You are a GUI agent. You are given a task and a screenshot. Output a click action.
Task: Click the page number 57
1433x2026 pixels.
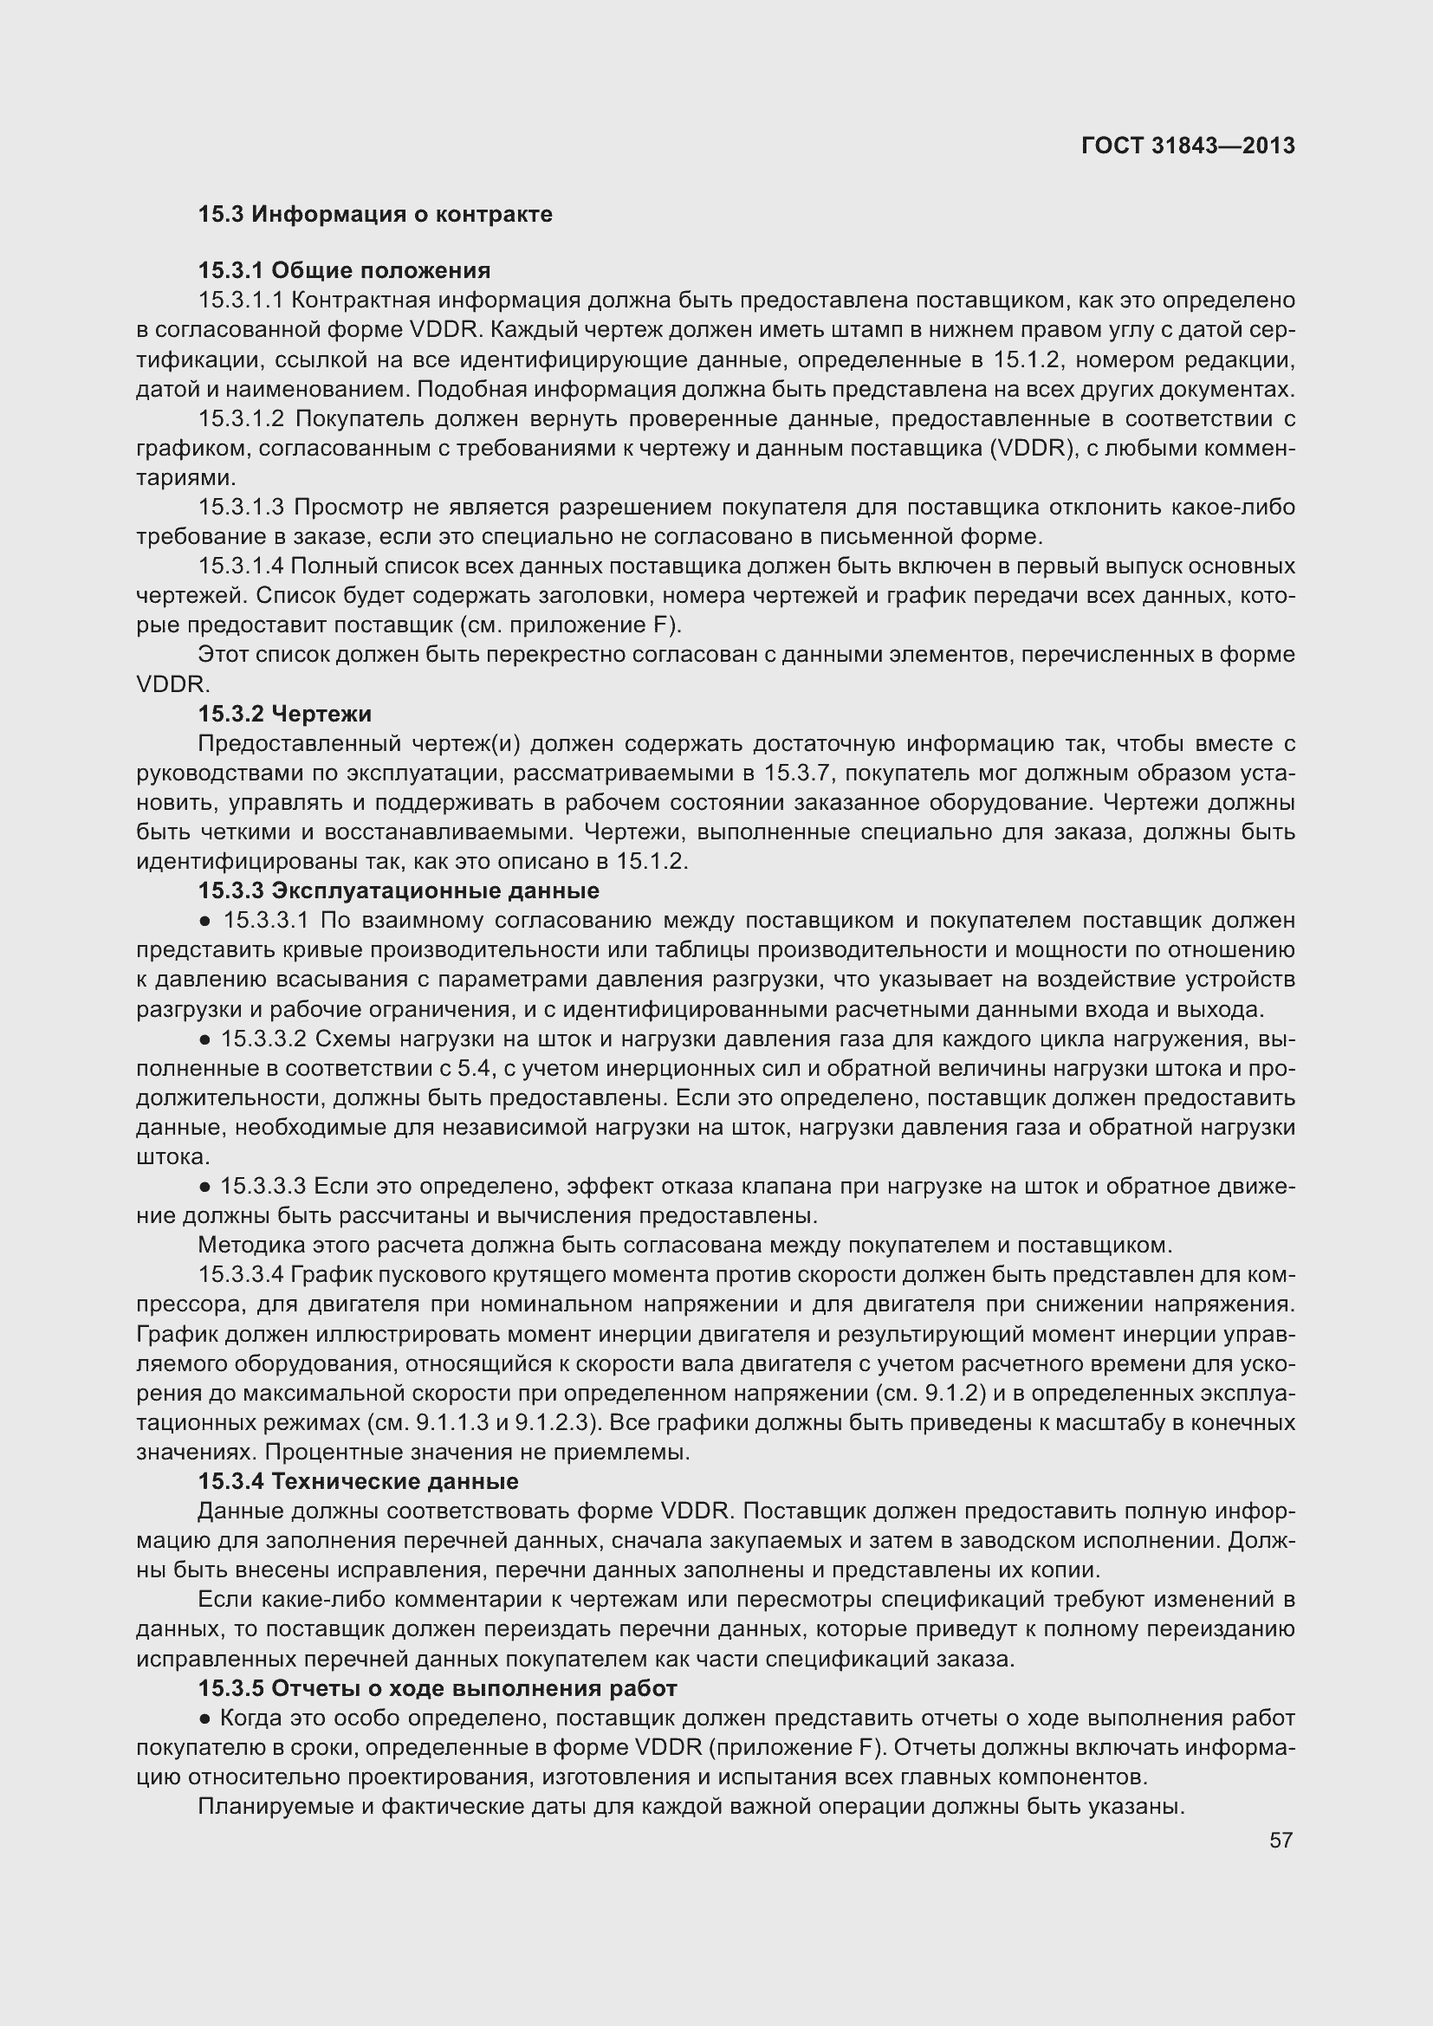coord(1281,1840)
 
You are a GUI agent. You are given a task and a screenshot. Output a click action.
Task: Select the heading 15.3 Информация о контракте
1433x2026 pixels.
coord(375,215)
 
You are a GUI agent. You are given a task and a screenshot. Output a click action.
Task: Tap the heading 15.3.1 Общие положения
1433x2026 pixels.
coord(344,270)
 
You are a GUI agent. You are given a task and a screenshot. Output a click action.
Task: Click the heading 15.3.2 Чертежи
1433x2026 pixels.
coord(284,713)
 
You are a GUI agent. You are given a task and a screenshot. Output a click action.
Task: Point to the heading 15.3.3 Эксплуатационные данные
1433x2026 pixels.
coord(398,890)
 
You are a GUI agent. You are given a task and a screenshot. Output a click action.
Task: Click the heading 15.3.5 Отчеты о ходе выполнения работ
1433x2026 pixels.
coord(437,1688)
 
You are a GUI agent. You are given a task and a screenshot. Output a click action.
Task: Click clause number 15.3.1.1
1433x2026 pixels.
coord(240,300)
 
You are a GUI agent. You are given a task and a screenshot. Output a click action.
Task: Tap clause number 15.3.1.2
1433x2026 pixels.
coord(240,418)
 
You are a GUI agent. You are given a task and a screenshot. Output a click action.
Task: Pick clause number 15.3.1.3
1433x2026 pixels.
coord(240,507)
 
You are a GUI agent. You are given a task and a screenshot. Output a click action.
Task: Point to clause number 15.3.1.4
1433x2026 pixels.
coord(240,566)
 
